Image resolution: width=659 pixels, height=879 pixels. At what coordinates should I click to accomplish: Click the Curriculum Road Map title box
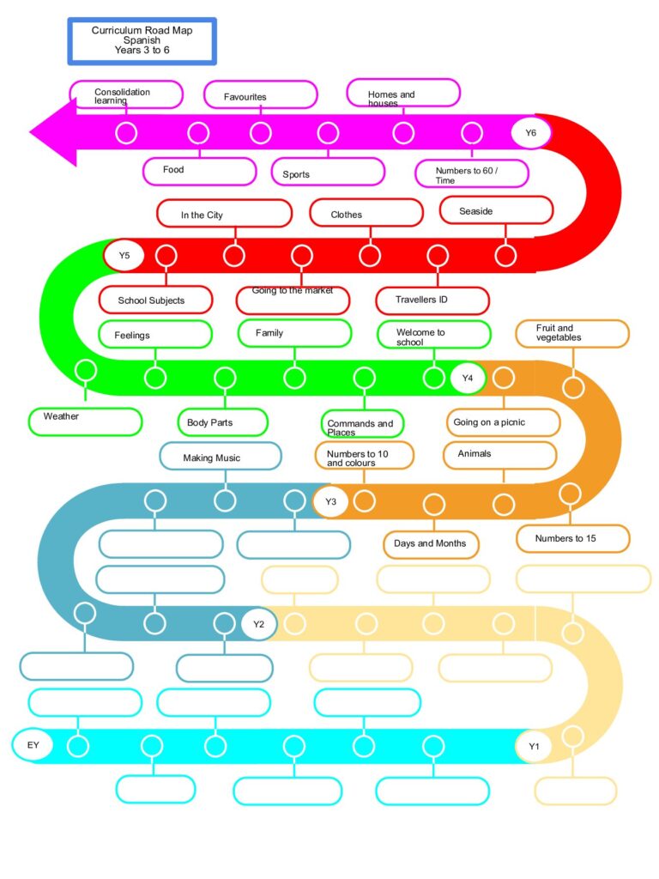[142, 41]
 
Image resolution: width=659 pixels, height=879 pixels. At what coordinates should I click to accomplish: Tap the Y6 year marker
[530, 133]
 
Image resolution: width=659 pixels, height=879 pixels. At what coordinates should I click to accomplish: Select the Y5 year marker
[124, 256]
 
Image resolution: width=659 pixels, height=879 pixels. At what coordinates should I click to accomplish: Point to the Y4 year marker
[468, 378]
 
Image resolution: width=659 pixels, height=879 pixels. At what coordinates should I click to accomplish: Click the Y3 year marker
[330, 501]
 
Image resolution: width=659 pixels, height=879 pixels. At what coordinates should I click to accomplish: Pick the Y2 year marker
[259, 624]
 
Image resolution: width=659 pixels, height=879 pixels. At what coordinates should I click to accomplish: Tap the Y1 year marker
[534, 746]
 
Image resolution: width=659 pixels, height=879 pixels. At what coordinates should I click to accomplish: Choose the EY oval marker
[33, 745]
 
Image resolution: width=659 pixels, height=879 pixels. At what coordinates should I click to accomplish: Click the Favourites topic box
[261, 94]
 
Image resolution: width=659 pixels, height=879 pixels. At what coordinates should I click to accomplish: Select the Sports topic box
[328, 172]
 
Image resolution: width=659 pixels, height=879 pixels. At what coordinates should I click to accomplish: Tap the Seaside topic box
[497, 210]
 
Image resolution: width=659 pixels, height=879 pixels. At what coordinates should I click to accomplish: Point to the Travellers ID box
[432, 300]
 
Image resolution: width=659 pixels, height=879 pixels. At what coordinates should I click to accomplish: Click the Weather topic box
[85, 421]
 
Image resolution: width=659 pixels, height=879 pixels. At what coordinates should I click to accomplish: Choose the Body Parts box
[222, 422]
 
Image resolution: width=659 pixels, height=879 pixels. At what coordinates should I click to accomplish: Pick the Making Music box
[221, 457]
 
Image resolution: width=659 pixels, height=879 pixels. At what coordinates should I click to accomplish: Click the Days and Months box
[431, 544]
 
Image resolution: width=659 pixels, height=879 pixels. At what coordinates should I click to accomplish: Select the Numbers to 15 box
[572, 539]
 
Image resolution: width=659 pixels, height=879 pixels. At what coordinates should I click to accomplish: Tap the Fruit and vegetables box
[572, 334]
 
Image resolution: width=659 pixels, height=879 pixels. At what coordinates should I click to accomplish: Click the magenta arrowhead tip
[30, 133]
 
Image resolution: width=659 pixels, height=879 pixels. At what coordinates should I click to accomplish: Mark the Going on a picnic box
[503, 422]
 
